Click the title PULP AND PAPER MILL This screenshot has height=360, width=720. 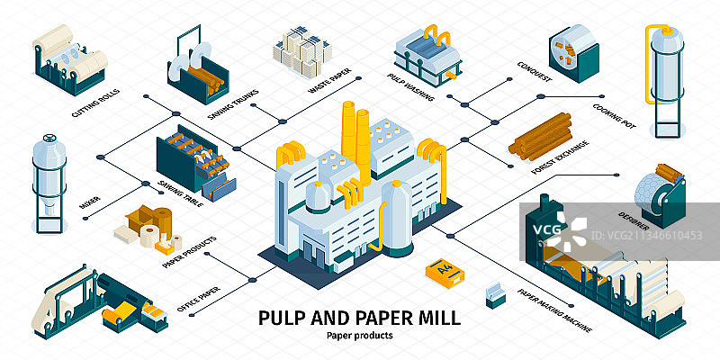coord(359,317)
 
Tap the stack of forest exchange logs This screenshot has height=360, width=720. coord(540,133)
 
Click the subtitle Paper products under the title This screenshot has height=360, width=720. coord(359,337)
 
